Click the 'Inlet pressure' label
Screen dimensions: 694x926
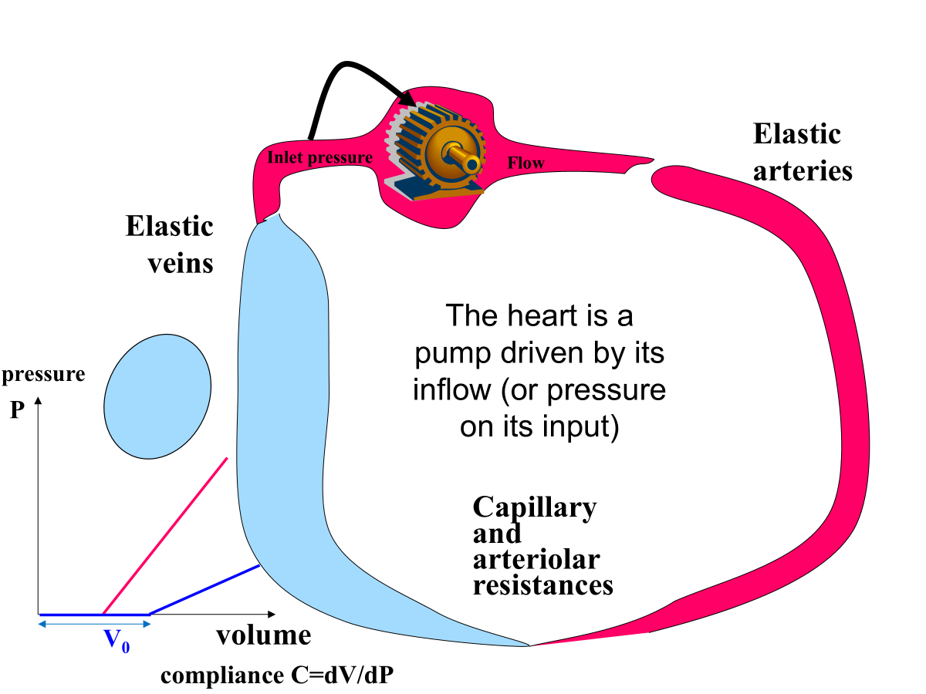coord(319,158)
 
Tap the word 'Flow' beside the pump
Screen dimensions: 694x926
coord(526,163)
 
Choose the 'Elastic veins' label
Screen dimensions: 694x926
coord(169,244)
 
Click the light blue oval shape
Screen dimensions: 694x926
coord(157,396)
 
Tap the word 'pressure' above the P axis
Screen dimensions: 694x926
coord(43,375)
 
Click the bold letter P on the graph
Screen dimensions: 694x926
coord(18,409)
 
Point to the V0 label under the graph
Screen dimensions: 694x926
coord(117,640)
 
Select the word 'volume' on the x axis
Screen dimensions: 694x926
coord(263,635)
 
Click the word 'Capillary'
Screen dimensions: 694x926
coord(534,507)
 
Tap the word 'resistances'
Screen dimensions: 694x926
coord(542,585)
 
